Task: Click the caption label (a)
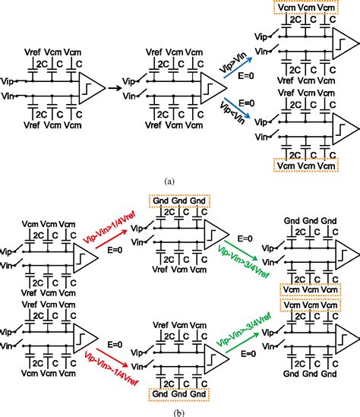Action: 180,182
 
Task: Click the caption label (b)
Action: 180,410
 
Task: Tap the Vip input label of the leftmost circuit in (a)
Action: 8,79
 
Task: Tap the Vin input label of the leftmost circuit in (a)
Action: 8,96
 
